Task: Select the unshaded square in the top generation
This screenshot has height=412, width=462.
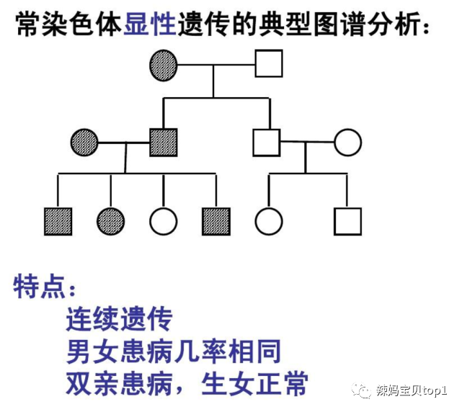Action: point(269,63)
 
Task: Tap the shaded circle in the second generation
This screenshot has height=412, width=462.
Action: point(85,142)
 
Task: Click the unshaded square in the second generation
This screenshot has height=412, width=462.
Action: point(267,142)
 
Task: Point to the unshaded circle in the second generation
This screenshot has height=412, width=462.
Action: point(347,142)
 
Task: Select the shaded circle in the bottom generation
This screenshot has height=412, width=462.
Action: point(110,221)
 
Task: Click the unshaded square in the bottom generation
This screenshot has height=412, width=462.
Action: point(347,221)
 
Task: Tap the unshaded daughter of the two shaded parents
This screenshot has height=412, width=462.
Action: point(163,221)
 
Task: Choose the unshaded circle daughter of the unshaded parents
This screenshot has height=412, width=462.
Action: point(268,221)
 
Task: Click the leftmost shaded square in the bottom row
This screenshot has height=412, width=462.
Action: point(58,221)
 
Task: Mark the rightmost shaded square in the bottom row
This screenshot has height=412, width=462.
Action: point(216,221)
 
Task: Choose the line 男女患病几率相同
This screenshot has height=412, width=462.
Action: point(173,351)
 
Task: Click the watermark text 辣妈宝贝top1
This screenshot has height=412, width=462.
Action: point(411,390)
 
